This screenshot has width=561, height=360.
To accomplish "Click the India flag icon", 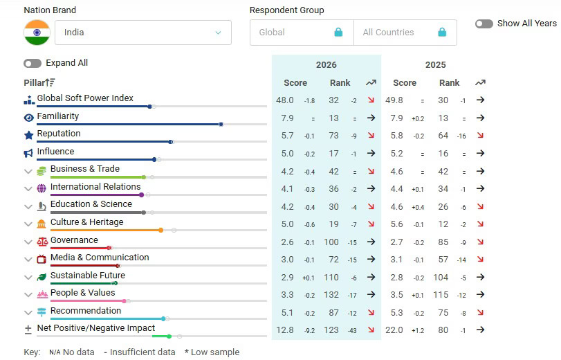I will pos(37,33).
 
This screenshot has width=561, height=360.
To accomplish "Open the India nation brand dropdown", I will pos(145,33).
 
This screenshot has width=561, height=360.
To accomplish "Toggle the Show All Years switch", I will pos(484,24).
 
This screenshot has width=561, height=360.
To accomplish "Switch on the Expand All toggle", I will pos(33,63).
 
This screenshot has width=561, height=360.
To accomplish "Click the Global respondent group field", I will pos(301,33).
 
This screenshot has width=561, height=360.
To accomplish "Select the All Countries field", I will pos(405,33).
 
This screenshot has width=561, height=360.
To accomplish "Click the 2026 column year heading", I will pos(326,65).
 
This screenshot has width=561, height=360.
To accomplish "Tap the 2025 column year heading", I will pos(435,65).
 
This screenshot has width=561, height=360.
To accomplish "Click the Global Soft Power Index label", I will pos(85,98).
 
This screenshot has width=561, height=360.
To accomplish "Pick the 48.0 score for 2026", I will pos(285,100).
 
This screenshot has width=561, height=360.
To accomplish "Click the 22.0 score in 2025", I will pos(394,330).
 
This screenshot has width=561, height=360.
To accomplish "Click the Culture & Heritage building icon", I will pos(42,224).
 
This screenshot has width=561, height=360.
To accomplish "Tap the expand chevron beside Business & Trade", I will pos(28,171).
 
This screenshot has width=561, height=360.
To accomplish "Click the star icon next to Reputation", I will pos(28,135).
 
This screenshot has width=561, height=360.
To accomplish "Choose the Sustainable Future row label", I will pos(87,276).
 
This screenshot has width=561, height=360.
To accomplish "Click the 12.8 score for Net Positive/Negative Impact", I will pos(285,330).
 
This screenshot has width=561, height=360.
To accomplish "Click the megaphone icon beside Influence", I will pos(28,153).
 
